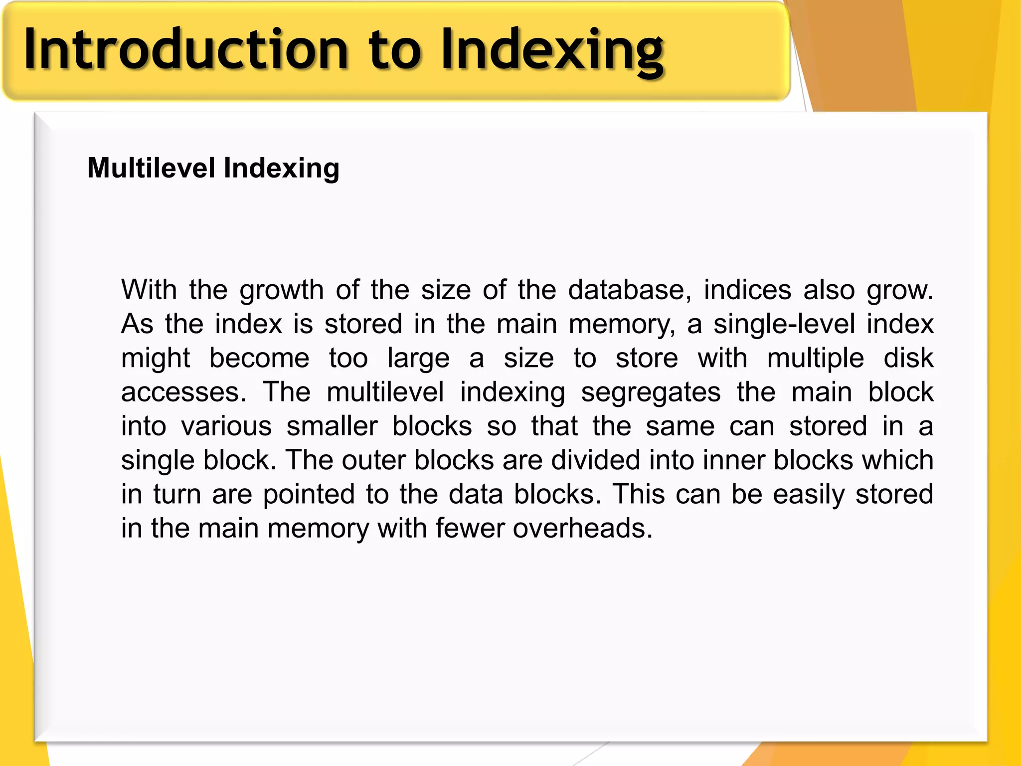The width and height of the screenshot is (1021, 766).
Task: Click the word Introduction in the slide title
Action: [x=186, y=50]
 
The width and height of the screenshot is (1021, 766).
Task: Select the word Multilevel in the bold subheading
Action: [x=152, y=168]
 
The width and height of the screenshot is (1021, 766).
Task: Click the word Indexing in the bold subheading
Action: [x=282, y=168]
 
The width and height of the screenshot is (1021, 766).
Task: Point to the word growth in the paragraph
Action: [x=282, y=290]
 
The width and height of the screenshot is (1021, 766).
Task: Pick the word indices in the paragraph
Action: [x=747, y=290]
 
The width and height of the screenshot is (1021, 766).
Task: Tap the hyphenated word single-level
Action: [x=785, y=324]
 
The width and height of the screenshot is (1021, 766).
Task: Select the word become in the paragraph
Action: [x=259, y=358]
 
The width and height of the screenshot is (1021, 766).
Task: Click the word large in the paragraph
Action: [x=418, y=358]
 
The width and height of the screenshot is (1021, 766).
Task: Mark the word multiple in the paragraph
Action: [x=816, y=358]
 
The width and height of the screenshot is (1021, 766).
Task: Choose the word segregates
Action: [x=651, y=392]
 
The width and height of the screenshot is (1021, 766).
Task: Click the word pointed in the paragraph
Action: [x=309, y=494]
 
